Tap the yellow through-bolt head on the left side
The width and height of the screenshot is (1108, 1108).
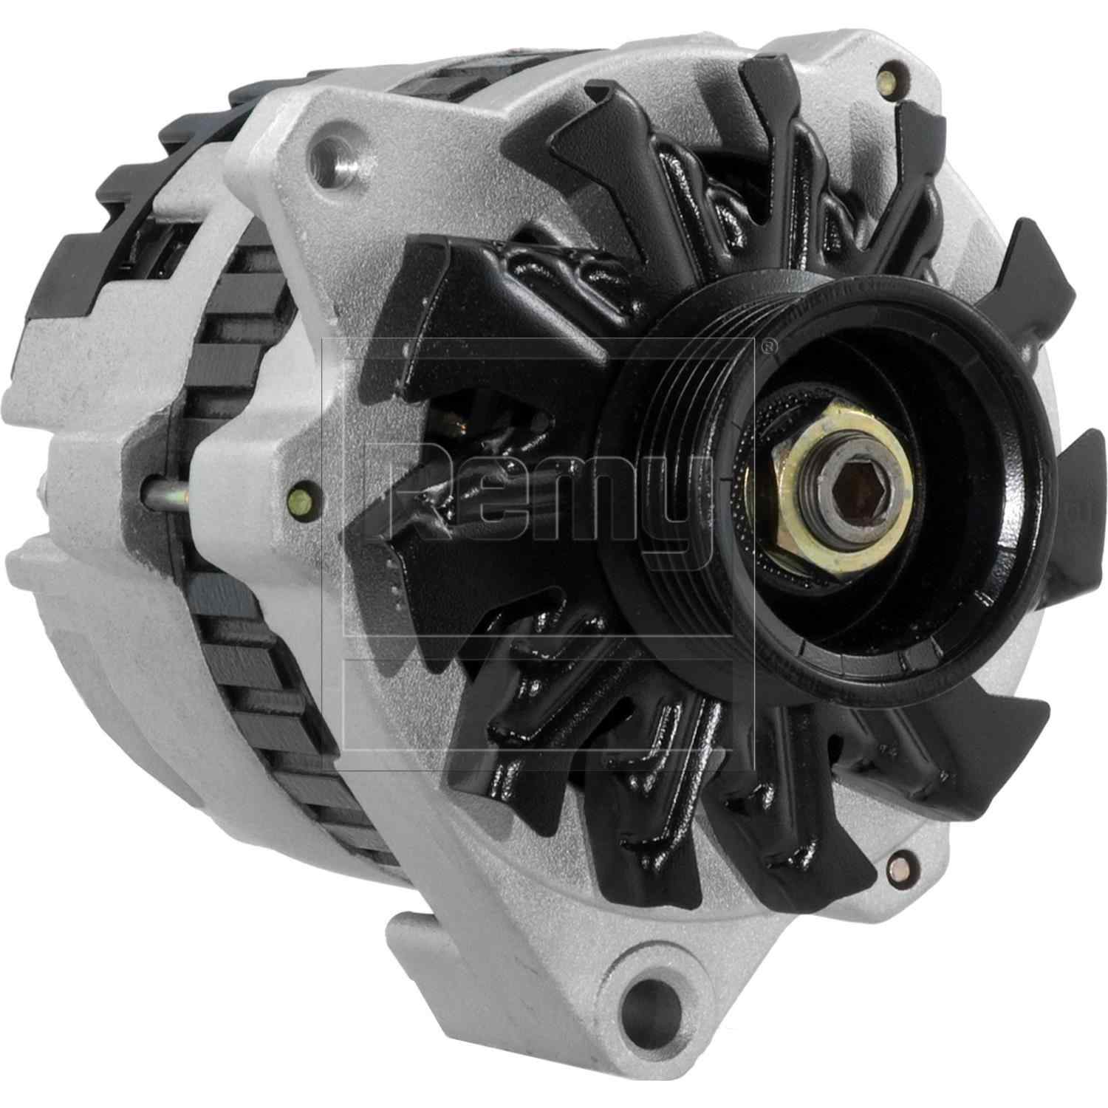click(301, 489)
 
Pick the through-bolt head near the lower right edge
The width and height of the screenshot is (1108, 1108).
click(899, 861)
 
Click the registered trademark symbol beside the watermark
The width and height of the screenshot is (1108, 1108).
click(769, 344)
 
